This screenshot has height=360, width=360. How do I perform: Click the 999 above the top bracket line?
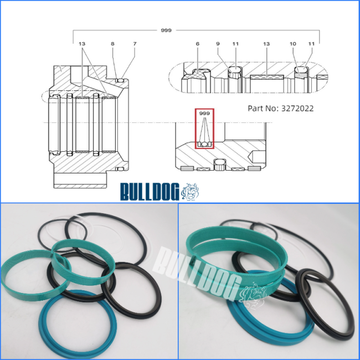[166, 30]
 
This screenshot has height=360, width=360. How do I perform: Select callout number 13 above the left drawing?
[82, 44]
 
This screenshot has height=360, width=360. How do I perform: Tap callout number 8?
[112, 44]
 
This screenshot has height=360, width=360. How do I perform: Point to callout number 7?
[135, 44]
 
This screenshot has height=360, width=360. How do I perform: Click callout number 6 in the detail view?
[198, 44]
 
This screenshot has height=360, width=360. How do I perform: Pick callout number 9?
[218, 44]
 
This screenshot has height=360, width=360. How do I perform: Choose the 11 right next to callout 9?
[235, 44]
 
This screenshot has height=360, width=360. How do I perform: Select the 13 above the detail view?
[266, 44]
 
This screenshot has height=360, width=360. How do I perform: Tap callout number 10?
[293, 44]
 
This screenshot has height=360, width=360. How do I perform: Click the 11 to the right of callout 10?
[311, 44]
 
